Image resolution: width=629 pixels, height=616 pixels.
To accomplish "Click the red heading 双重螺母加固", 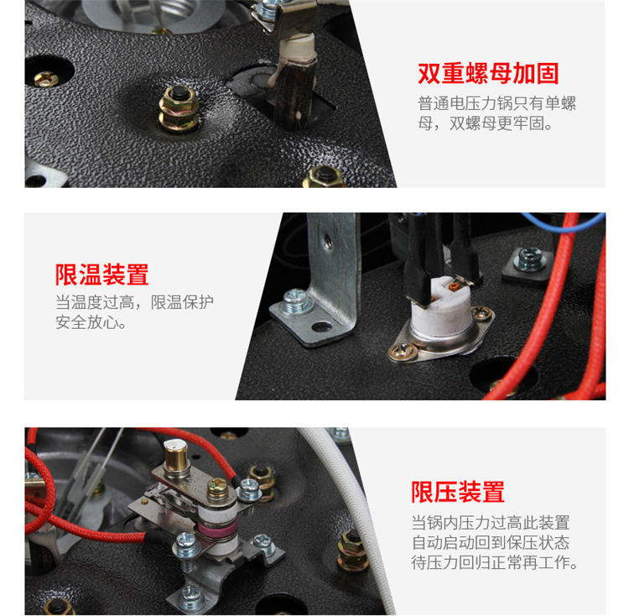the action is [x=488, y=74].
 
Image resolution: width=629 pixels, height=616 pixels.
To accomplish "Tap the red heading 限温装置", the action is [x=101, y=275].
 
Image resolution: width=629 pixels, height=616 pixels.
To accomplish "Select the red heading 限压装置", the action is [x=458, y=492].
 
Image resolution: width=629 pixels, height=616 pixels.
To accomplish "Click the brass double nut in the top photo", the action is [x=179, y=109].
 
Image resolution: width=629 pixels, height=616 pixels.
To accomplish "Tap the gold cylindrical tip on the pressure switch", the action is [x=176, y=457].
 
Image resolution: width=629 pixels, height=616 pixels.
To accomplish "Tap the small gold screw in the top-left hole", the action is [x=46, y=79].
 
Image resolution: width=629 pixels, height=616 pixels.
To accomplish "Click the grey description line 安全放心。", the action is [x=91, y=322].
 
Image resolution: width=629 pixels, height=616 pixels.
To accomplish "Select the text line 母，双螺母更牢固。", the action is [x=486, y=123].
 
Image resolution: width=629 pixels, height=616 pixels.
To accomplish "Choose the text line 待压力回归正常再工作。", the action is [x=495, y=562].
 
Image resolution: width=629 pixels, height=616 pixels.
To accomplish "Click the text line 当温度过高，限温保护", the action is [x=134, y=302].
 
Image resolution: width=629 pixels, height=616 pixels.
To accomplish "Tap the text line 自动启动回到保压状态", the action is [x=491, y=542].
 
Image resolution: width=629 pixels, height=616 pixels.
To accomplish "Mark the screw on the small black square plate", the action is [x=530, y=258].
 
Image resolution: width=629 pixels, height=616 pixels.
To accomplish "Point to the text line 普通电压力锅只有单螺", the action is [x=497, y=103].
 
